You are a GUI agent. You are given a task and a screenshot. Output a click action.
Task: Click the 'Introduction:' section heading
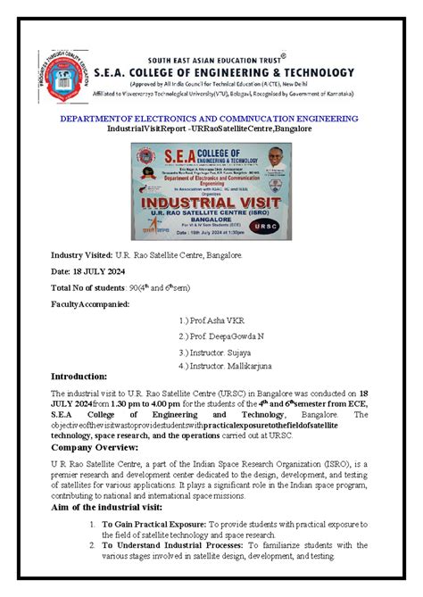79,377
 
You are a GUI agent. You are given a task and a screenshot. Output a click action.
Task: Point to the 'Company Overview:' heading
92,446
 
